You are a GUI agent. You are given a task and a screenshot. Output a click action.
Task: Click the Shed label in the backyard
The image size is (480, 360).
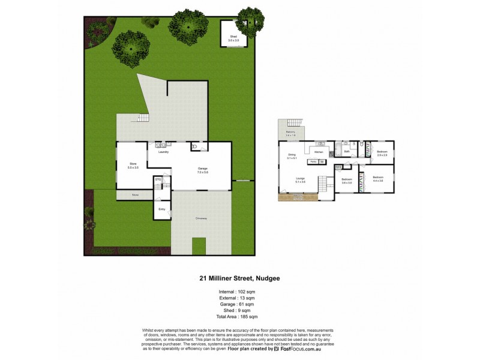233,38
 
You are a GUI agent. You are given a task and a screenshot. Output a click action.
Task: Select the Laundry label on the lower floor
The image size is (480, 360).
163,152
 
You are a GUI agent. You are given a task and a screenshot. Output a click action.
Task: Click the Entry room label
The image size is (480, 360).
161,209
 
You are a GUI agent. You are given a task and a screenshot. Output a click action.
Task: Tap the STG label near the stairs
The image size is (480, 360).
158,179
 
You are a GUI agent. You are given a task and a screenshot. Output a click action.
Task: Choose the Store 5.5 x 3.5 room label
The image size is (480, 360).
133,165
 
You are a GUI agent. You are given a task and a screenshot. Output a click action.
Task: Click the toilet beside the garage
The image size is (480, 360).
194,146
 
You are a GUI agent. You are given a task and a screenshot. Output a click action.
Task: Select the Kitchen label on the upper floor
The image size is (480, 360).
319,152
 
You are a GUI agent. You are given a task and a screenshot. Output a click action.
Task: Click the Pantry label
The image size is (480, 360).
313,162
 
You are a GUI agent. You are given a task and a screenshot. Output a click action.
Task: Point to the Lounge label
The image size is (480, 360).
300,179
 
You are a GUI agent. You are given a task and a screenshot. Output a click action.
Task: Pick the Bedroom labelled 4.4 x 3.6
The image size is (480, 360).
377,179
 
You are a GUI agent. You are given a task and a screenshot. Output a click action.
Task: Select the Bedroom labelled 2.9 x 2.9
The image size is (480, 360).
382,153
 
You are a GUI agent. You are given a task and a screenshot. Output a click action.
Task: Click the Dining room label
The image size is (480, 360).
292,156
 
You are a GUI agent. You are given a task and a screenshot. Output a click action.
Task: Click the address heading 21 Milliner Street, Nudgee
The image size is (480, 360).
239,278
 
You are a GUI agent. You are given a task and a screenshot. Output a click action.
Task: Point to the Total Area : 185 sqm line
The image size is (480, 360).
239,316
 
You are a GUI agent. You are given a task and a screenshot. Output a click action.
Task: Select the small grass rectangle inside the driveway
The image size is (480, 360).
199,246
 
